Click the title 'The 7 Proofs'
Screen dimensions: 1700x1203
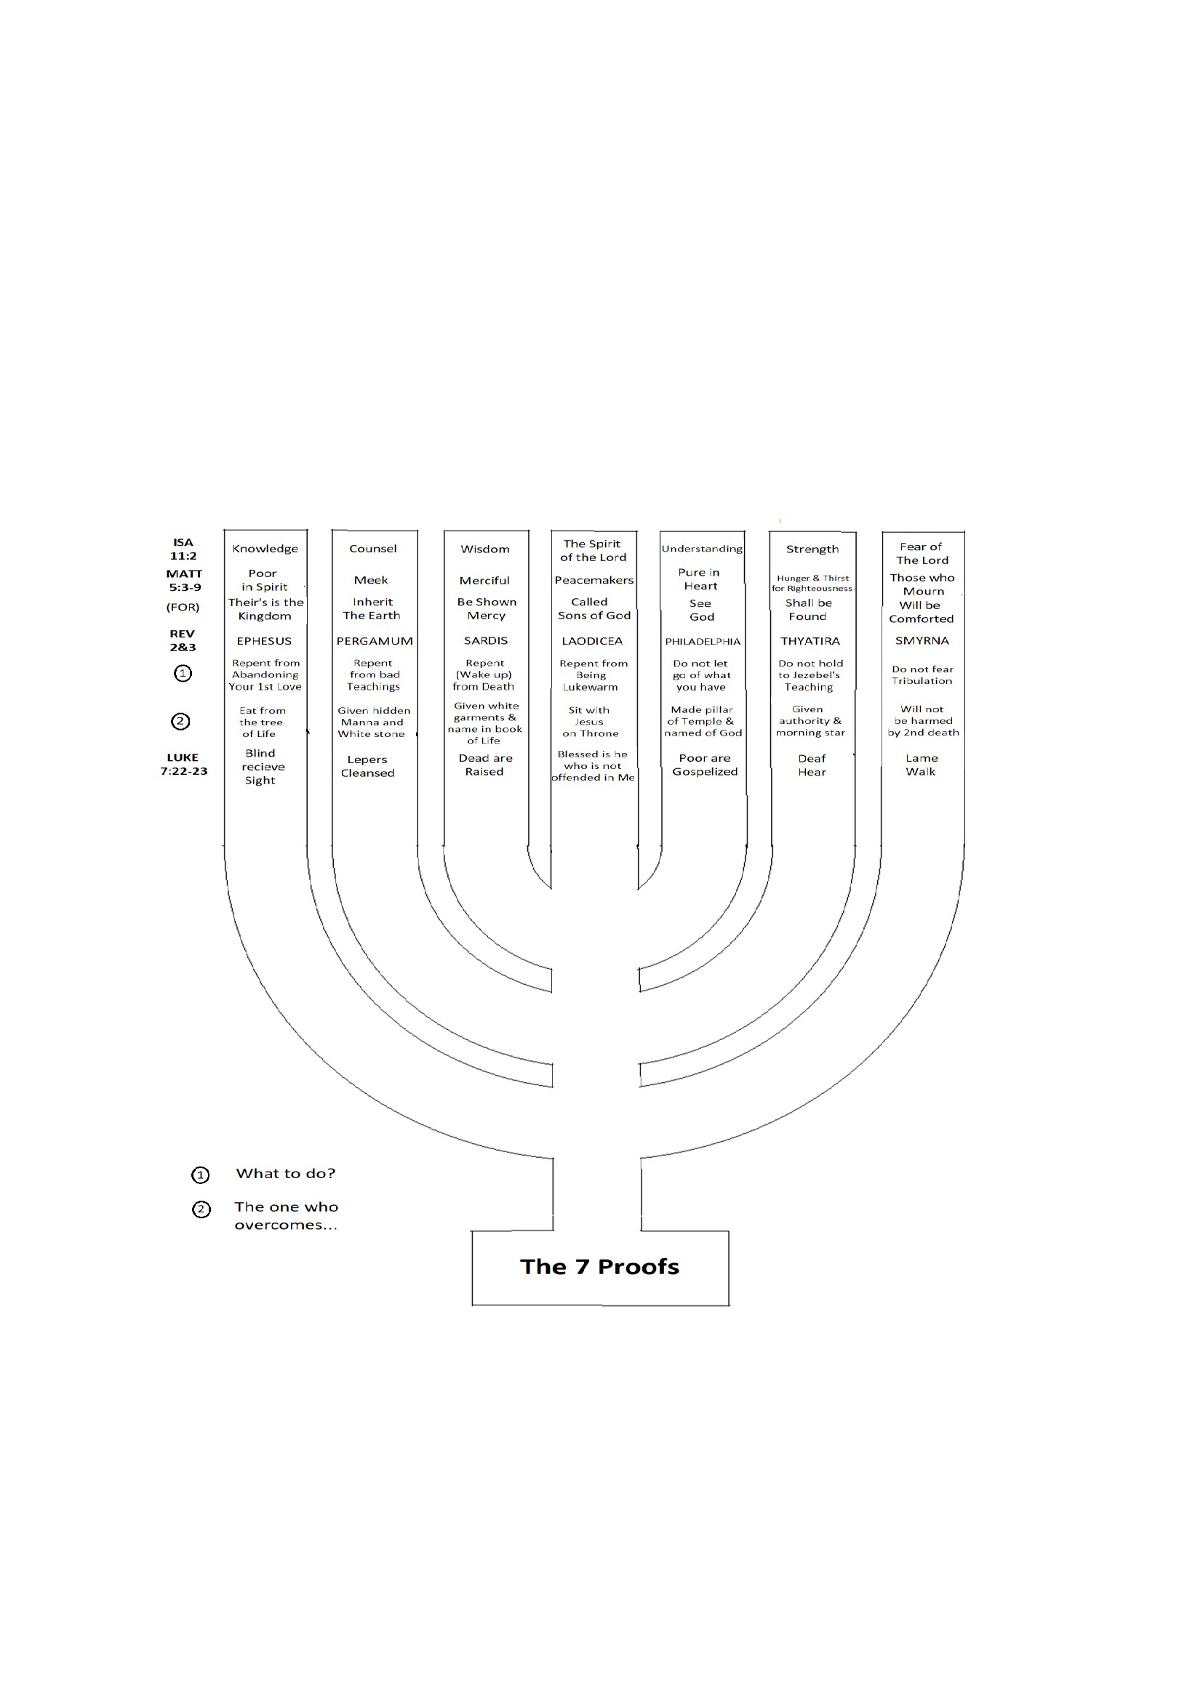(599, 1267)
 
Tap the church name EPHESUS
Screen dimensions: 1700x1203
(265, 641)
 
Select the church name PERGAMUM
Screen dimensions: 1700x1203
(375, 641)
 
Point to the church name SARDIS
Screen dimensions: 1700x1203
(486, 640)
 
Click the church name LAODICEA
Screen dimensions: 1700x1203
(592, 641)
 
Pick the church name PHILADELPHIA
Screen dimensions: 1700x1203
(703, 642)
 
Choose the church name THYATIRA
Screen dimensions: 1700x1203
(810, 641)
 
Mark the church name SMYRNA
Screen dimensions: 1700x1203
(922, 640)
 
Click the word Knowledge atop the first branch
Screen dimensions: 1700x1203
(265, 549)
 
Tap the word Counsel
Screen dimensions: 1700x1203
(373, 549)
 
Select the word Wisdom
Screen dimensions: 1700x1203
(485, 549)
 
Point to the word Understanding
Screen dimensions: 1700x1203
(703, 549)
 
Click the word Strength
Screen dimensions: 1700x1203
(812, 549)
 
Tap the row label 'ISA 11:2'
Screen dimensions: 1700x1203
(183, 549)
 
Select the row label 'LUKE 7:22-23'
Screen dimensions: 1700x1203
(184, 764)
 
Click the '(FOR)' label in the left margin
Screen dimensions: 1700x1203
(183, 607)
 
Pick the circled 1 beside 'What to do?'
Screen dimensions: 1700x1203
(201, 1175)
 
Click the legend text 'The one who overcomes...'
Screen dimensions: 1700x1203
(286, 1216)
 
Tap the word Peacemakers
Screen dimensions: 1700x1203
(594, 581)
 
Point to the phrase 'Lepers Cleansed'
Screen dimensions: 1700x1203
(367, 766)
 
